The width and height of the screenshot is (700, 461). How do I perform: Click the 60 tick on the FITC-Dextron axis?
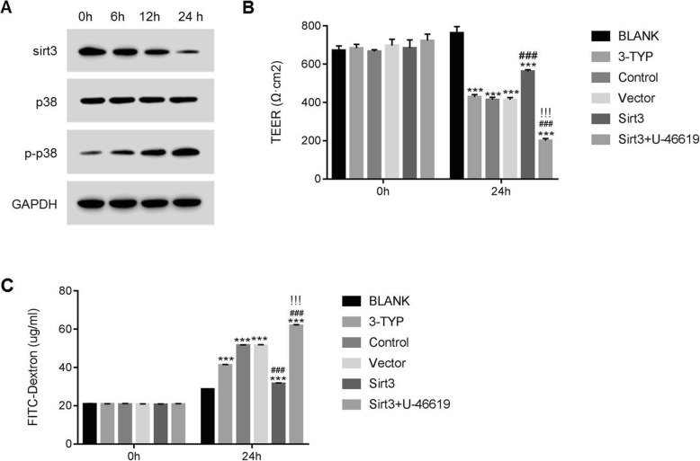pyautogui.click(x=64, y=329)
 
